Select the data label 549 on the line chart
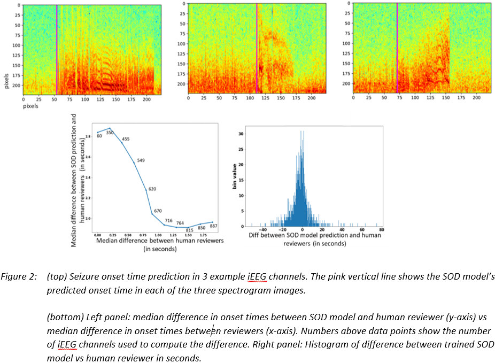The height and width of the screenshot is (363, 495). click(140, 160)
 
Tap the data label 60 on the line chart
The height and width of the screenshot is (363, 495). click(99, 136)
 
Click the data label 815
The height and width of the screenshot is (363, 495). click(189, 230)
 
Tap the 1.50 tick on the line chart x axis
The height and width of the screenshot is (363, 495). click(188, 235)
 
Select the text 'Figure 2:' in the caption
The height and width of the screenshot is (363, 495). click(20, 277)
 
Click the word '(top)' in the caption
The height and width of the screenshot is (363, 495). click(56, 277)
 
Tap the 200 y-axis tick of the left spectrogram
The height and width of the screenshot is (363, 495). click(16, 84)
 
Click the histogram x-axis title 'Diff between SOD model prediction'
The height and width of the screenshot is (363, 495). click(315, 236)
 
